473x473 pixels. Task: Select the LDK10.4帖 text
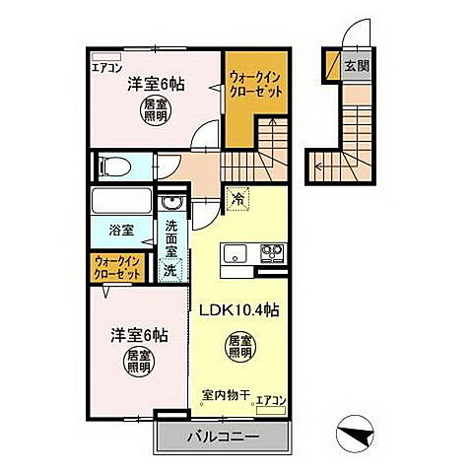coord(242,309)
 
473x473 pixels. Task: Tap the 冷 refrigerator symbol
coord(238,199)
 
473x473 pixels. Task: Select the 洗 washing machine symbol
coord(170,269)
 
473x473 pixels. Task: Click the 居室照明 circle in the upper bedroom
coord(153,109)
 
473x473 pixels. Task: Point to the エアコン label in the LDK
coord(270,400)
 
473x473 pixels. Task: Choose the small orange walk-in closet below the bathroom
coord(116,268)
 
